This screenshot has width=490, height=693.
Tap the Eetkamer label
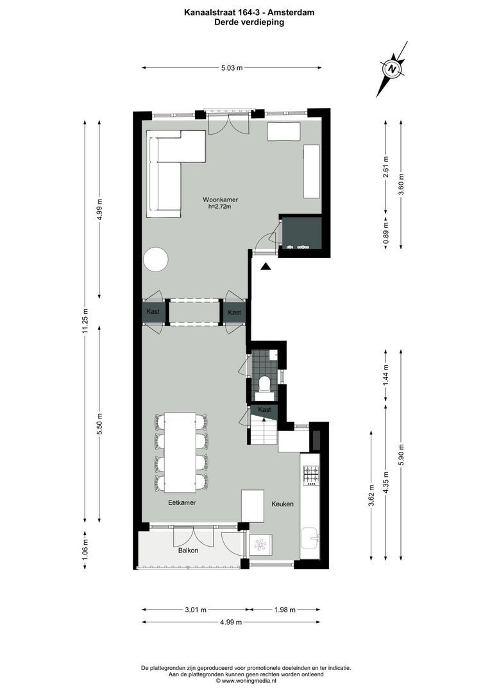pyautogui.click(x=182, y=503)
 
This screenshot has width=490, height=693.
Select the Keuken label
pyautogui.click(x=282, y=504)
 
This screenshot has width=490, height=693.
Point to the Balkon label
pyautogui.click(x=188, y=551)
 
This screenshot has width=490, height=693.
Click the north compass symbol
pyautogui.click(x=392, y=69)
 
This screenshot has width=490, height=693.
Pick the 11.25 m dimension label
pyautogui.click(x=85, y=321)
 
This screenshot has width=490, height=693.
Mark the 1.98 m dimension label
pyautogui.click(x=283, y=610)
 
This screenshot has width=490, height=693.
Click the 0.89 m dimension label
pyautogui.click(x=385, y=230)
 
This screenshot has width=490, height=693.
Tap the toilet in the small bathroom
pyautogui.click(x=264, y=384)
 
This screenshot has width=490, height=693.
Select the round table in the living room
pyautogui.click(x=156, y=260)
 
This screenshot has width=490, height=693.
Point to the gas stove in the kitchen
pyautogui.click(x=311, y=474)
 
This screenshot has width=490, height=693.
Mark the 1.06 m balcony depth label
pyautogui.click(x=85, y=549)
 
